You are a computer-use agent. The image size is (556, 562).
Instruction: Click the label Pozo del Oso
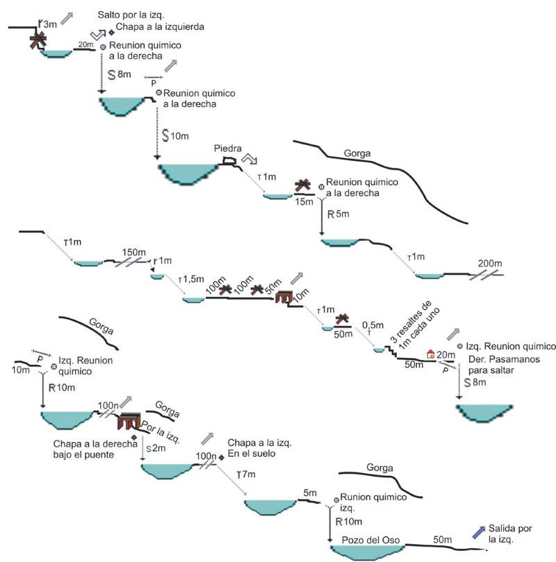tap(370, 540)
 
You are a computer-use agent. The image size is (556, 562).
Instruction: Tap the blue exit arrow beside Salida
tap(479, 532)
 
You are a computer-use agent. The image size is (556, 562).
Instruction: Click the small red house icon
tap(430, 354)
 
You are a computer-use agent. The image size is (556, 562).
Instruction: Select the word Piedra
tap(227, 148)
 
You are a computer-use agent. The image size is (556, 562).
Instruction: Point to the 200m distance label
tap(489, 264)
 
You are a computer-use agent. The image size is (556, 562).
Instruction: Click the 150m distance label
tap(134, 252)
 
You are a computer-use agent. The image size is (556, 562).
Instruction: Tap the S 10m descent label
tap(176, 136)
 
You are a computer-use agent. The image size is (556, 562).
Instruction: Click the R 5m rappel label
tap(338, 214)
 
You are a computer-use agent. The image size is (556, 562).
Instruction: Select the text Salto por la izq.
tap(131, 15)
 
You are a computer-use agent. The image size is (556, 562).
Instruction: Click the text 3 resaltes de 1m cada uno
tap(415, 325)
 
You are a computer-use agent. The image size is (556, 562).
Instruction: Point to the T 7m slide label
tap(246, 475)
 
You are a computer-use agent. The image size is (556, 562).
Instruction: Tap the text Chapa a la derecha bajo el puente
tap(95, 449)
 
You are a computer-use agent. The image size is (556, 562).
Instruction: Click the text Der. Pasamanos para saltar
tap(504, 364)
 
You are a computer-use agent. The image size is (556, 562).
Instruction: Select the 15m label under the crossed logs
tap(304, 202)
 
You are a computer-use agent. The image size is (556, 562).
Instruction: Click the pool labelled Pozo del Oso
tap(367, 552)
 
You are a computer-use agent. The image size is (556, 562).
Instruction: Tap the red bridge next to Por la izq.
tap(129, 420)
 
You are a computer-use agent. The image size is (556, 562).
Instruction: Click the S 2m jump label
tap(156, 448)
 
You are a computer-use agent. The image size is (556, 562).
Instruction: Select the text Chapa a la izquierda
tap(160, 27)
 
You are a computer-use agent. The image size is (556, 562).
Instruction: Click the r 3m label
tap(48, 24)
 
